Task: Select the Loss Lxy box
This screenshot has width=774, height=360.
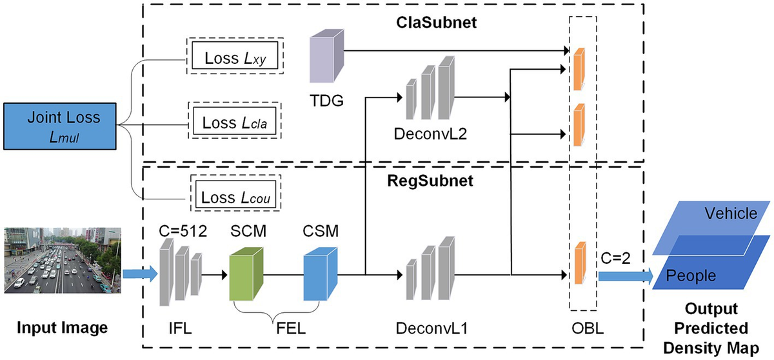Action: coord(236,57)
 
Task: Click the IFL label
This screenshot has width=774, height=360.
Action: coord(179,329)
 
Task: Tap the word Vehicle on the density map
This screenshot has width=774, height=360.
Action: coord(731,214)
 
